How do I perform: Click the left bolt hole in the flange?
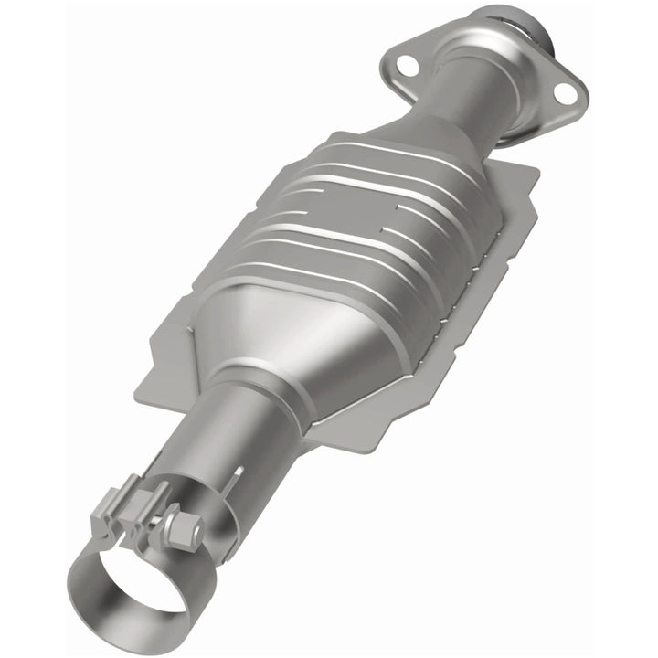[x=408, y=65]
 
